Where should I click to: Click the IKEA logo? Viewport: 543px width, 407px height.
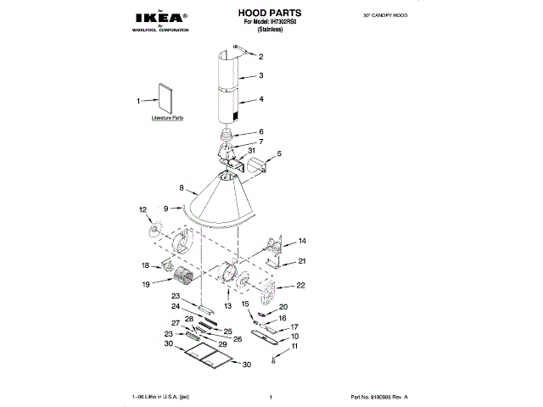click(160, 17)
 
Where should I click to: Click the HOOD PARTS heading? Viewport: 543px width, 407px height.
click(272, 14)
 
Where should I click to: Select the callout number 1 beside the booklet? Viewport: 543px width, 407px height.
click(139, 101)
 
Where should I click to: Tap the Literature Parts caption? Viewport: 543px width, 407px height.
click(167, 119)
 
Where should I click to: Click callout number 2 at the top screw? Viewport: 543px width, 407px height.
click(260, 58)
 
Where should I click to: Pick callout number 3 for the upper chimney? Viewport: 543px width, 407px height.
click(261, 76)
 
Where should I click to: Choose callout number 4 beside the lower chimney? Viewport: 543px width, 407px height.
click(261, 99)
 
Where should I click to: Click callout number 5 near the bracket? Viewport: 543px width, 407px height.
click(278, 155)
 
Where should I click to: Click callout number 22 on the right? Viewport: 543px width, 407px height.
click(300, 286)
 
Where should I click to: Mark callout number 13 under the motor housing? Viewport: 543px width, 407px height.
click(227, 304)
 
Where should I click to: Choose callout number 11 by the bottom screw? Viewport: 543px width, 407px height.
click(294, 346)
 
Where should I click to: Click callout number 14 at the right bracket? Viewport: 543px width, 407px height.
click(301, 241)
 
